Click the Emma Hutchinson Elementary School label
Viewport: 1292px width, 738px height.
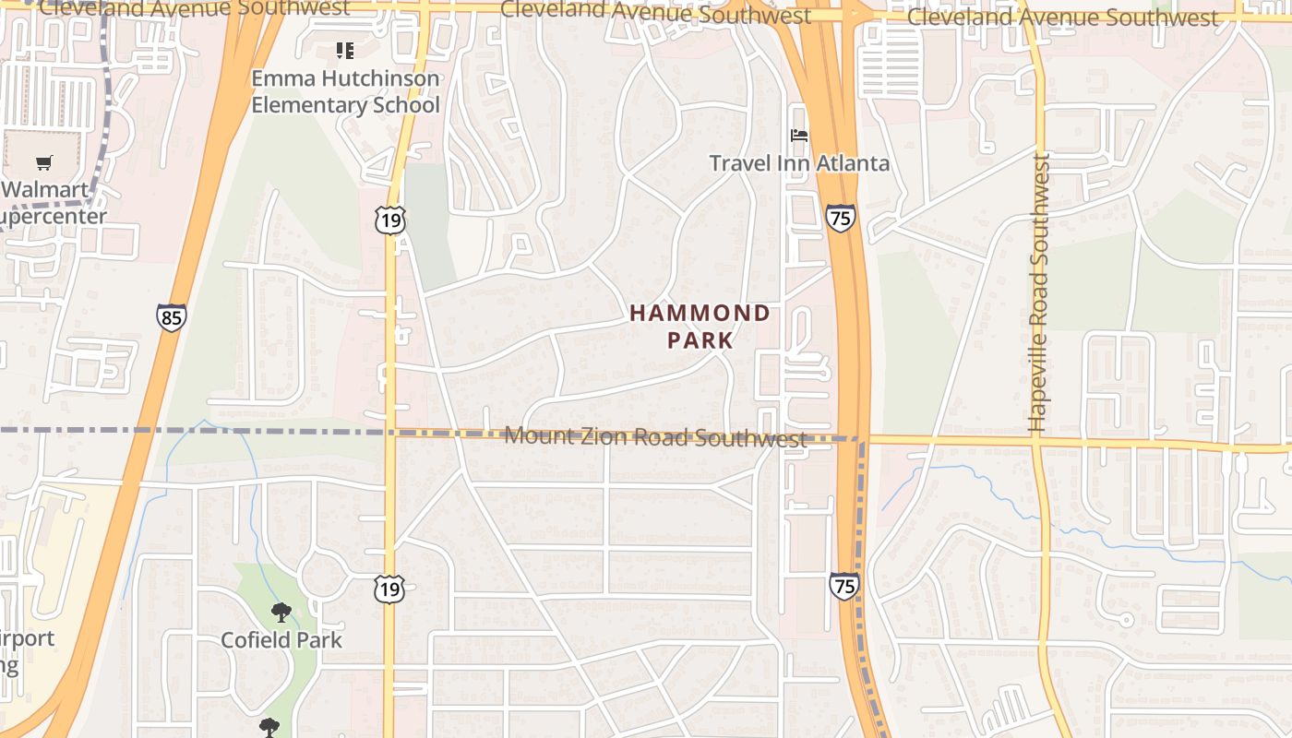pyautogui.click(x=345, y=91)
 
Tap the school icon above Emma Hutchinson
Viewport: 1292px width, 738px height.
pyautogui.click(x=344, y=50)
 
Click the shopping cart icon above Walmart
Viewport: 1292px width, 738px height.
pyautogui.click(x=43, y=163)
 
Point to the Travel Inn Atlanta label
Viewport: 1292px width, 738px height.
pyautogui.click(x=799, y=163)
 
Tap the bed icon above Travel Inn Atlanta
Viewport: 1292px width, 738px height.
pyautogui.click(x=799, y=136)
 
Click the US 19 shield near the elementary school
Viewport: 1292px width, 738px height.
pyautogui.click(x=390, y=220)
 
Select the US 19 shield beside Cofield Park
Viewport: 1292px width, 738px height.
pyautogui.click(x=389, y=589)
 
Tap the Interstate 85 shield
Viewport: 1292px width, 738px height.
pyautogui.click(x=171, y=317)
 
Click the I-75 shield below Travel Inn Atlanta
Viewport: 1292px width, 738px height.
pyautogui.click(x=840, y=218)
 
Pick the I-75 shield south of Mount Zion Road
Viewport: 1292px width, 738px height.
pyautogui.click(x=843, y=586)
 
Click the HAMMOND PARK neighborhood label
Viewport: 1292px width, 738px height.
pyautogui.click(x=700, y=327)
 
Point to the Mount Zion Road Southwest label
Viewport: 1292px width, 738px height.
pyautogui.click(x=656, y=436)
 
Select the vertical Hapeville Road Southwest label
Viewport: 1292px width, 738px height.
pyautogui.click(x=1039, y=293)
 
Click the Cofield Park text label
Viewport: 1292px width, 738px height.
pyautogui.click(x=281, y=639)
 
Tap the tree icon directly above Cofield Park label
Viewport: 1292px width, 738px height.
pyautogui.click(x=281, y=613)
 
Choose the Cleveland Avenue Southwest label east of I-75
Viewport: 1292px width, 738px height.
pyautogui.click(x=1062, y=18)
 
